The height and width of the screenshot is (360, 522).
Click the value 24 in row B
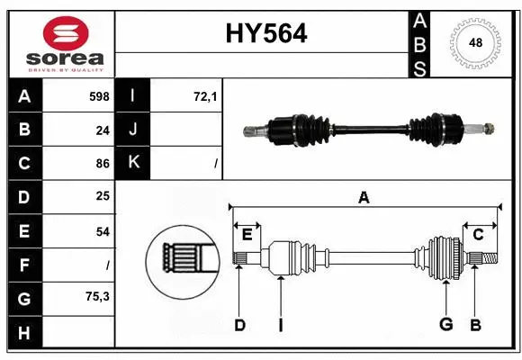click(102, 130)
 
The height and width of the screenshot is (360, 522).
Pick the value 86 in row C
click(102, 164)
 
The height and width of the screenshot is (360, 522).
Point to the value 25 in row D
click(102, 197)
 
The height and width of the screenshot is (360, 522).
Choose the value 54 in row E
click(102, 231)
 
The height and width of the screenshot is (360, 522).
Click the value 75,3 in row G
click(97, 296)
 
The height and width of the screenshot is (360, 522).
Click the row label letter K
click(133, 164)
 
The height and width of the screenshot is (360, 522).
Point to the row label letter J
click(133, 130)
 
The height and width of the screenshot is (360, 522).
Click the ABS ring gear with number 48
click(473, 42)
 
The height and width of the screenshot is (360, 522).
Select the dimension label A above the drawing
click(364, 197)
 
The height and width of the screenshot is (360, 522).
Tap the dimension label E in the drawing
click(247, 234)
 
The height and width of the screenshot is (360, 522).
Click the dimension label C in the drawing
click(478, 234)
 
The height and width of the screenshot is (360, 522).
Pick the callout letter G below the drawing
click(445, 325)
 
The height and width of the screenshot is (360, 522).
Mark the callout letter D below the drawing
click(239, 325)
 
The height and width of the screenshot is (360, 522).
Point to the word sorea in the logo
click(66, 58)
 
